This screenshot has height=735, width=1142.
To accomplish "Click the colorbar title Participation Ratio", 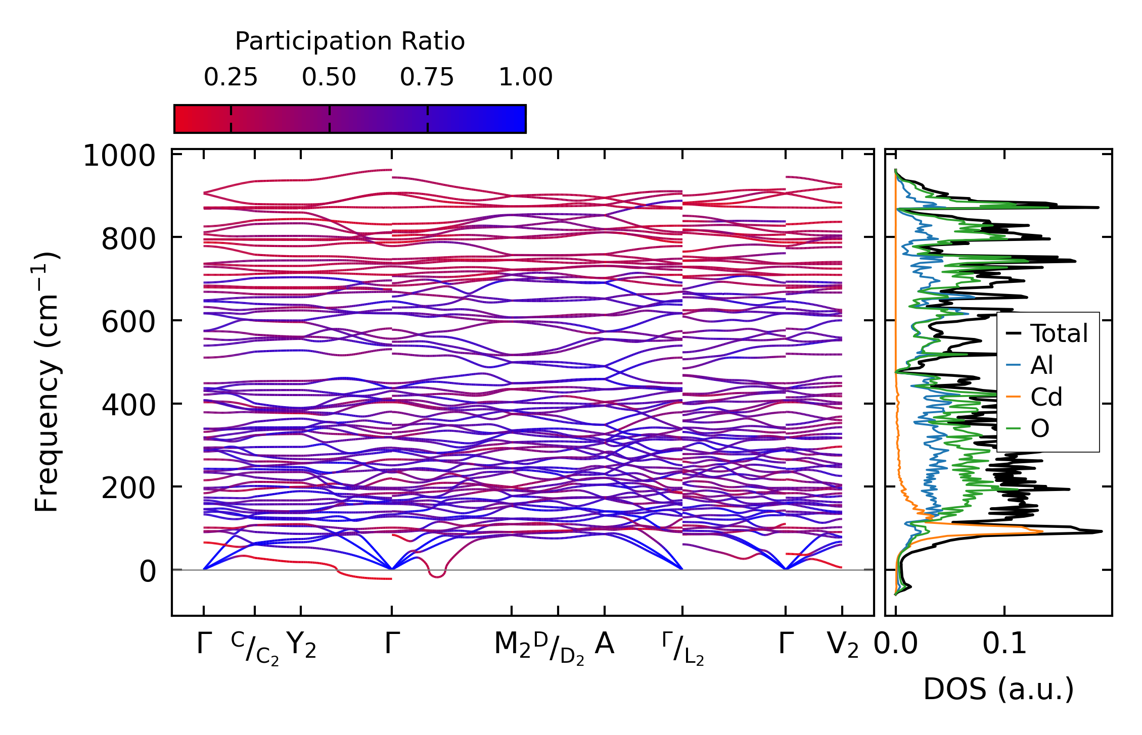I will coord(350,41).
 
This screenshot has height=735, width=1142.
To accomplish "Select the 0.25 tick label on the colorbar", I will coord(231,77).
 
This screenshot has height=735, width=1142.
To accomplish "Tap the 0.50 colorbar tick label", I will coord(329,77).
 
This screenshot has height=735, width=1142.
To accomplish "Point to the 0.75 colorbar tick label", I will coord(427,77).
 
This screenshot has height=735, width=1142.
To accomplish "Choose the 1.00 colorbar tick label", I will coord(526,77).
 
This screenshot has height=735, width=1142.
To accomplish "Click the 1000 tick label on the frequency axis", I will coord(119,156).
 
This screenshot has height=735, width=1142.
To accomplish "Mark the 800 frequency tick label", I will coord(128,239).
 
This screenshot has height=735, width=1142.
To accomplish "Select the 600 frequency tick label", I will coord(128,322).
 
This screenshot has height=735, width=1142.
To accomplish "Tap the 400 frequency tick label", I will coord(128,405).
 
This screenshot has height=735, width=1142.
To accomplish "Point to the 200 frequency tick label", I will coord(128,488).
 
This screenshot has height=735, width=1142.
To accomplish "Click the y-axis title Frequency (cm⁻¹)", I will coord(47,382).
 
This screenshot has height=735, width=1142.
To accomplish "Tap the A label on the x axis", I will coord(605,644).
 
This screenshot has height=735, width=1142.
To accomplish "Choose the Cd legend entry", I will coord(1046,397).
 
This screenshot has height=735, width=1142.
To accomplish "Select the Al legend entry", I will coord(1041,365).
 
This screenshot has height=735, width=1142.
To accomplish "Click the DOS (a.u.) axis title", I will coord(998,690).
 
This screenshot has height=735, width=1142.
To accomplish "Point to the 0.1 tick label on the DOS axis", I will coord(1004,645).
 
